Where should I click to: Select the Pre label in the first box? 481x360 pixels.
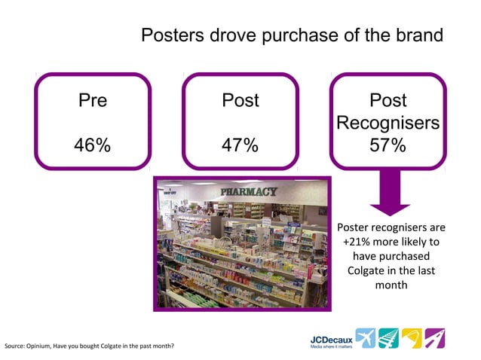(93, 100)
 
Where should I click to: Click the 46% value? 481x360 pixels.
(93, 145)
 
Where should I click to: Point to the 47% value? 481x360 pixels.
(240, 145)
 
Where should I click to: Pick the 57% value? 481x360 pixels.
(388, 145)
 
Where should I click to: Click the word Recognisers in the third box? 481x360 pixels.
(388, 123)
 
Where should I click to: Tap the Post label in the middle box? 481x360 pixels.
(240, 100)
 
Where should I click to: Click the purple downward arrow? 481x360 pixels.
(389, 194)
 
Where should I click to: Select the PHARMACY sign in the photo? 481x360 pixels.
(248, 192)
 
